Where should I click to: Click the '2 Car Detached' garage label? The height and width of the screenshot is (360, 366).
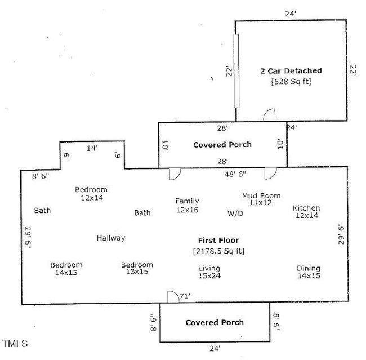pyautogui.click(x=291, y=71)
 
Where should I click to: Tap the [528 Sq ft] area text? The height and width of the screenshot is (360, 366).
pyautogui.click(x=291, y=81)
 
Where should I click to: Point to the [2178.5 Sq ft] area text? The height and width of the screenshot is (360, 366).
pyautogui.click(x=218, y=250)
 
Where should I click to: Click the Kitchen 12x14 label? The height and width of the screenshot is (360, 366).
pyautogui.click(x=306, y=212)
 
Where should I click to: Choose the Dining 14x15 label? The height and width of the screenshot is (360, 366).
pyautogui.click(x=309, y=272)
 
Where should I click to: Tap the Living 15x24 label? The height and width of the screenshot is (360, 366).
pyautogui.click(x=209, y=272)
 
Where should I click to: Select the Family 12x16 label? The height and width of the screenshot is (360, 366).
pyautogui.click(x=187, y=205)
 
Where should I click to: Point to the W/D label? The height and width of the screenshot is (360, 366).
pyautogui.click(x=235, y=214)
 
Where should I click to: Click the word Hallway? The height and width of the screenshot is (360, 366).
pyautogui.click(x=110, y=238)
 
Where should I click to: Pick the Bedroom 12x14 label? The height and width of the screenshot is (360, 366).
pyautogui.click(x=91, y=194)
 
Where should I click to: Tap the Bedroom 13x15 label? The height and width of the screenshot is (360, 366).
pyautogui.click(x=137, y=268)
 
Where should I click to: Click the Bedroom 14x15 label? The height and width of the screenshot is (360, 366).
pyautogui.click(x=66, y=269)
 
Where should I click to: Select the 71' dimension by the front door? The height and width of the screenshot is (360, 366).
pyautogui.click(x=185, y=296)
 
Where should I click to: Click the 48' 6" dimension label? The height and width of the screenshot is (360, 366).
pyautogui.click(x=235, y=174)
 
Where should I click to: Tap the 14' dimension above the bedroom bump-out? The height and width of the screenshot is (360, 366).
pyautogui.click(x=91, y=148)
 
